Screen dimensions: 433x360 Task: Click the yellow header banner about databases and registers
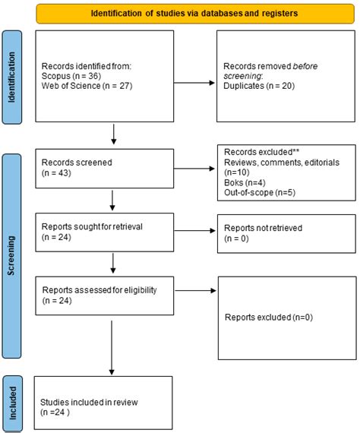tap(194, 13)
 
